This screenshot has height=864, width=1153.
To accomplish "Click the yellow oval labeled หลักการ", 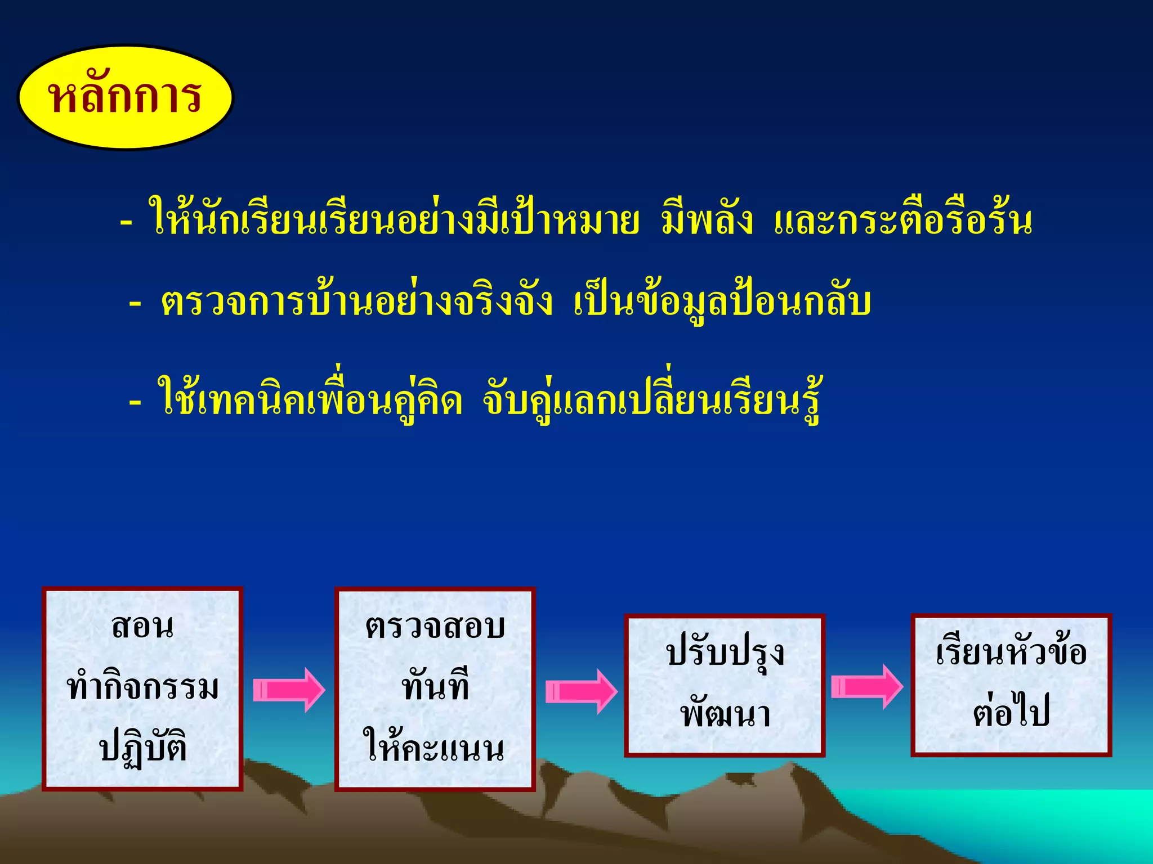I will (x=125, y=97).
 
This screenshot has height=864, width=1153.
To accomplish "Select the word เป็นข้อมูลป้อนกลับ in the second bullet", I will (x=722, y=303).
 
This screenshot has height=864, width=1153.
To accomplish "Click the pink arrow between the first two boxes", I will (x=289, y=690).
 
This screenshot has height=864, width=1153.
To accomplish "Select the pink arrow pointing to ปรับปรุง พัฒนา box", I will (x=581, y=691).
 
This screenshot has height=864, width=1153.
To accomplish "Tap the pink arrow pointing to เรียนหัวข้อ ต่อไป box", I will (x=867, y=686).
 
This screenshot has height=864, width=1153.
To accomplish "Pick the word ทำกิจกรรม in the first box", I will (x=142, y=687).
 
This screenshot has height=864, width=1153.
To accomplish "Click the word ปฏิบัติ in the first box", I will (x=142, y=748).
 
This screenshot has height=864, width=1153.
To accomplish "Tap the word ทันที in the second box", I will (x=435, y=687).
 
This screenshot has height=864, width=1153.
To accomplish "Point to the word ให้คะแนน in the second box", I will (x=435, y=748).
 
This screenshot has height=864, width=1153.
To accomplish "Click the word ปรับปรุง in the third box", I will (x=725, y=654).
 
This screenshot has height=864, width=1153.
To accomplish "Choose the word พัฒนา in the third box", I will (x=725, y=714).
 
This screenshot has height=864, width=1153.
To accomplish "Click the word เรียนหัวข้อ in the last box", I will (x=1011, y=652).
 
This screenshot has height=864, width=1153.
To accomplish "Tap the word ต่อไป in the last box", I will (x=1011, y=712).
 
